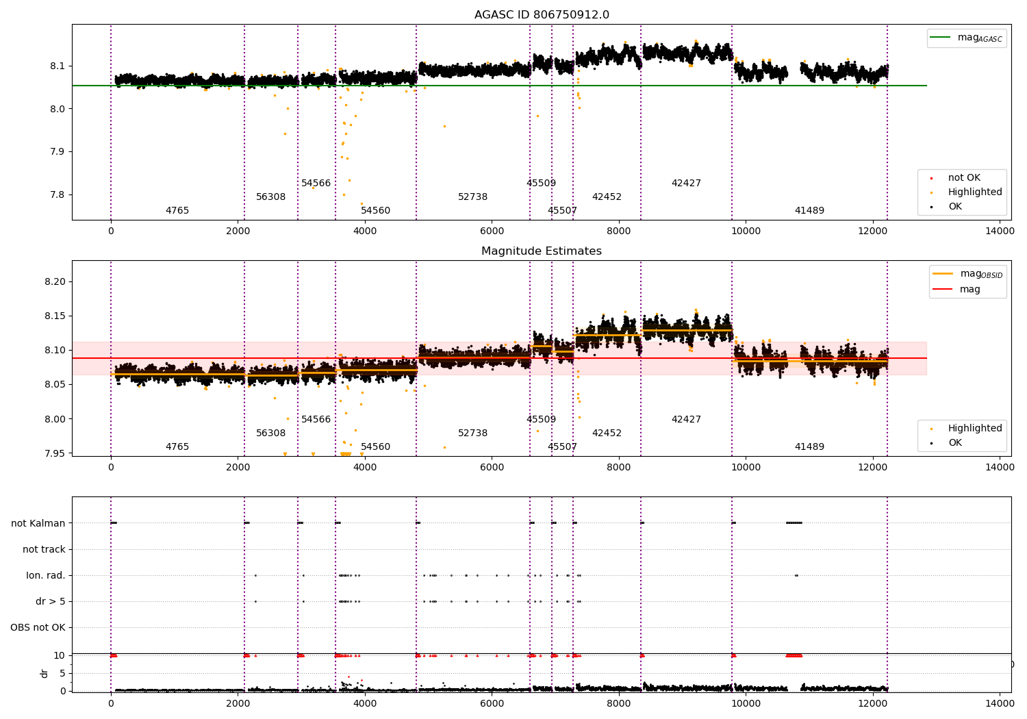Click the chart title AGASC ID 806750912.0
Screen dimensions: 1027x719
542,14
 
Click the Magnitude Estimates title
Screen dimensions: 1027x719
542,251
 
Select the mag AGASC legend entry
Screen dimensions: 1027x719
967,38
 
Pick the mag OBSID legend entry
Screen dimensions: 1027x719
967,274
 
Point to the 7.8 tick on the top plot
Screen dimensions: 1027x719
58,195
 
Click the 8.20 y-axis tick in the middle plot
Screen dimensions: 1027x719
55,281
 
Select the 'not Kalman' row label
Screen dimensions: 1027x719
38,523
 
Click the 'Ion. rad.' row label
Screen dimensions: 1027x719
45,575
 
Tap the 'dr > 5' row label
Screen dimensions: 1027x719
51,602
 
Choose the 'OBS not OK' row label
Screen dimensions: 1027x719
38,627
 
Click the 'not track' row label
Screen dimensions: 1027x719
44,549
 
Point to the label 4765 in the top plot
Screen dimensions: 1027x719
177,210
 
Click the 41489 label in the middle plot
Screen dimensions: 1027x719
809,446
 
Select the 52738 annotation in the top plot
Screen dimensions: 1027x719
472,197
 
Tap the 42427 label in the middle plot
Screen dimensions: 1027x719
686,419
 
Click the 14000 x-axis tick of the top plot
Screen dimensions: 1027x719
1000,231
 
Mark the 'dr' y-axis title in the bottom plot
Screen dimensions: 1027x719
45,674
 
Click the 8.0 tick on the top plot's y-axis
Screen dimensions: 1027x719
58,109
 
